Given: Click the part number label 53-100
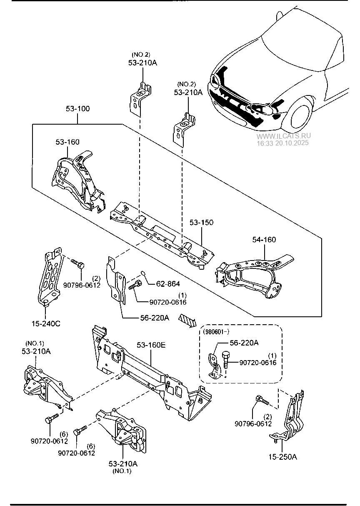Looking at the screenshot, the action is (x=77, y=109).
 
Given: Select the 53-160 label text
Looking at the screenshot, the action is (x=67, y=142).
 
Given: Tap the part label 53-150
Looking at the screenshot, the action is (x=201, y=222).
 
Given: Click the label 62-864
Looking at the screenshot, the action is (x=168, y=284).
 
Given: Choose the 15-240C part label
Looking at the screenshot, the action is (x=46, y=324).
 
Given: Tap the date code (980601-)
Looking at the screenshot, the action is (x=216, y=332).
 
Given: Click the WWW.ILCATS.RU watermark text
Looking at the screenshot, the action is (x=283, y=136).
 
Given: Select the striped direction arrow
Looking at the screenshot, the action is (x=187, y=321).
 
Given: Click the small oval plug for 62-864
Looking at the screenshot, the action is (x=143, y=273).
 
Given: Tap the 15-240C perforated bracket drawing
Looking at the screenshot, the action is (x=50, y=277).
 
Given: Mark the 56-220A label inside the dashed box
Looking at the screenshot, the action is (x=244, y=343).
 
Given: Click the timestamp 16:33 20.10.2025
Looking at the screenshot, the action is (x=282, y=143).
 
